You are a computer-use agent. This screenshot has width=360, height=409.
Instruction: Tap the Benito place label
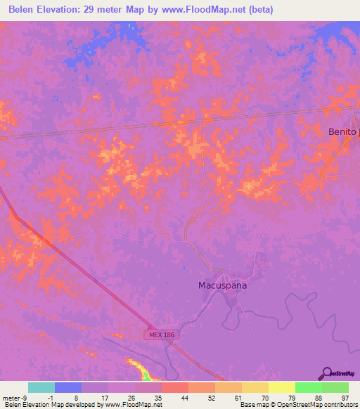pos(344,131)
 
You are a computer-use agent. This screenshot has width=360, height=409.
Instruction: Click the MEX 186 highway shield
pos(162,335)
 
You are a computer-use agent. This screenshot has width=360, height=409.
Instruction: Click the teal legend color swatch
pos(41,387)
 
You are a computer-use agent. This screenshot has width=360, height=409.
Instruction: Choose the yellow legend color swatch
pos(282,387)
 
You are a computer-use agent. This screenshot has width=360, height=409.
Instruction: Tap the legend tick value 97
pos(345,397)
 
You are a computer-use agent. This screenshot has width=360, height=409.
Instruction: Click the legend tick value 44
pos(186,397)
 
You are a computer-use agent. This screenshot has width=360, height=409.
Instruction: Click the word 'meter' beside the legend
pos(10,397)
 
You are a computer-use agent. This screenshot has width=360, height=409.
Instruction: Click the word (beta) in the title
pos(258,10)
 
